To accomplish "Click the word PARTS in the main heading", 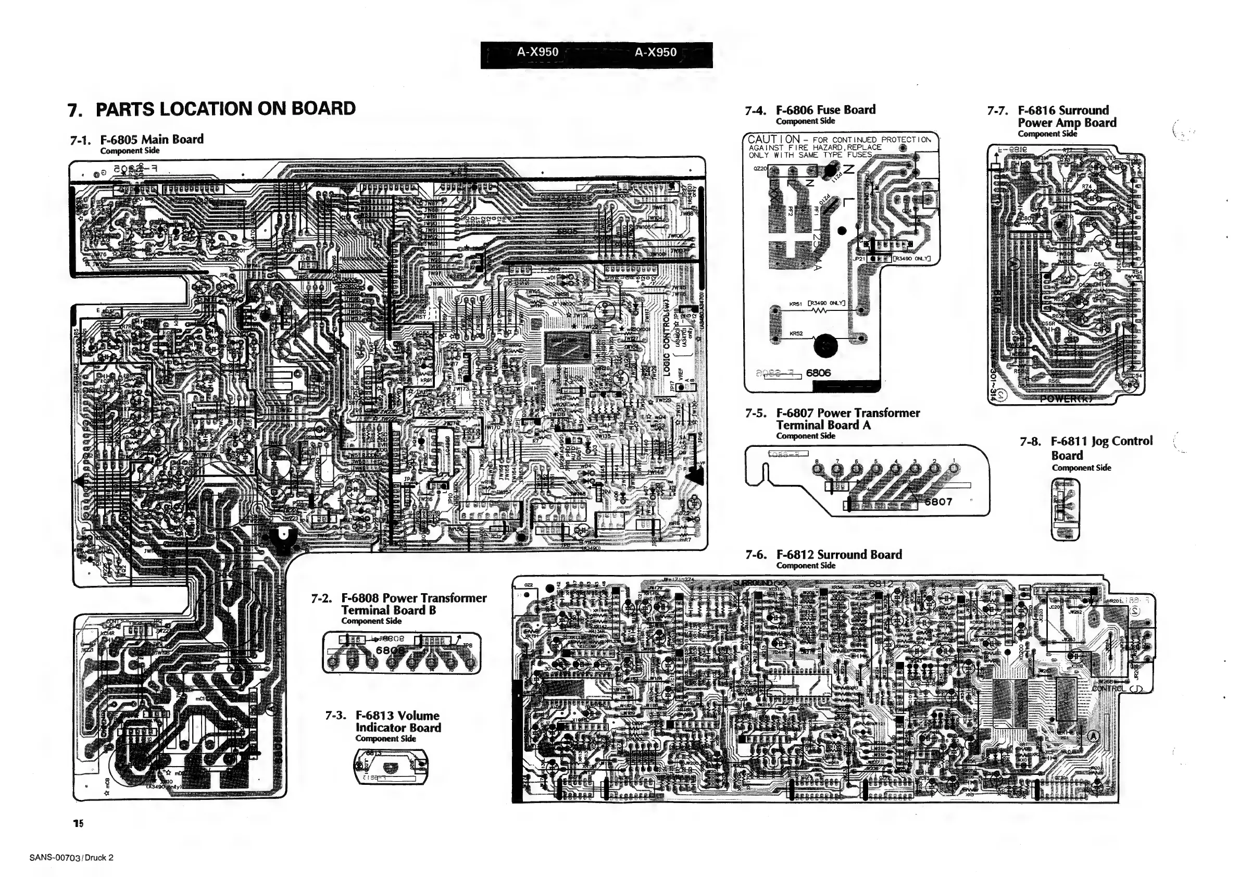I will [126, 108].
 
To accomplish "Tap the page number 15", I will [78, 823].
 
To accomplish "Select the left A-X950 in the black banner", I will [537, 53].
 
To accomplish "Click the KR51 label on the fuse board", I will [796, 304].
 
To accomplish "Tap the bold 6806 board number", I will [818, 372].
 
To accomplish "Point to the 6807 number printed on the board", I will [938, 501].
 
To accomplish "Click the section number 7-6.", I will [756, 555].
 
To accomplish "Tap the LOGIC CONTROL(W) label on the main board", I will [667, 335].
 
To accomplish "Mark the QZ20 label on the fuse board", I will [760, 169].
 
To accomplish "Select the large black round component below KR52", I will [826, 346].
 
